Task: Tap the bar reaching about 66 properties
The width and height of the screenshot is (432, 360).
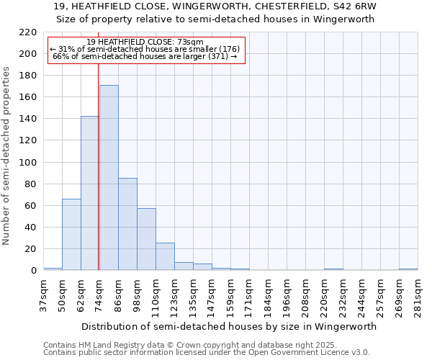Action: tap(71, 235)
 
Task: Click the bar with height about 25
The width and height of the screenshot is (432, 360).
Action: tap(165, 256)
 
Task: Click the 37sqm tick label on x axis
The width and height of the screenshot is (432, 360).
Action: tap(43, 295)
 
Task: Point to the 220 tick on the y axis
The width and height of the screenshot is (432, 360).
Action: tap(28, 32)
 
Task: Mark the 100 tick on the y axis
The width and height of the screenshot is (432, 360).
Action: tap(28, 163)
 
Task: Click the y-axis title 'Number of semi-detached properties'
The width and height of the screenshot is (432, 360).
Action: tap(7, 156)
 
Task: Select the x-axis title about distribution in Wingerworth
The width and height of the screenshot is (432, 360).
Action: tap(228, 326)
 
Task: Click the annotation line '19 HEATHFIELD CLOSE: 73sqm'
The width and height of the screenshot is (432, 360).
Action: tap(145, 42)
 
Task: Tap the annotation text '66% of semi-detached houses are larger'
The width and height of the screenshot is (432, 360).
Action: tap(145, 56)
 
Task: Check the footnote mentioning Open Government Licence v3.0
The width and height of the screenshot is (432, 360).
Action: tap(207, 353)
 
